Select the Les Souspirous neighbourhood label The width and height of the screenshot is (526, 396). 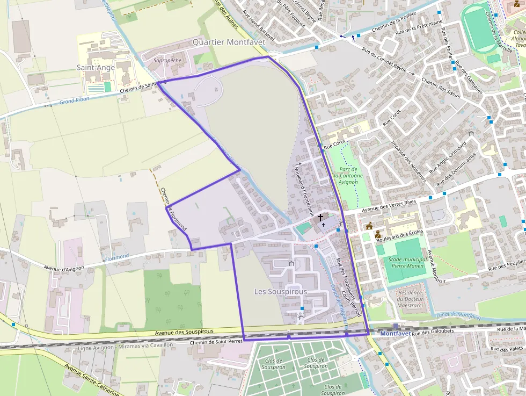(280, 291)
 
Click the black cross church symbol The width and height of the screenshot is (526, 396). (321, 218)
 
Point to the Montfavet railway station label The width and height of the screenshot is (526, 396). (395, 334)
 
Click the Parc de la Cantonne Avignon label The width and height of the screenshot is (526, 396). (348, 176)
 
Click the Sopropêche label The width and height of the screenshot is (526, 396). (167, 61)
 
